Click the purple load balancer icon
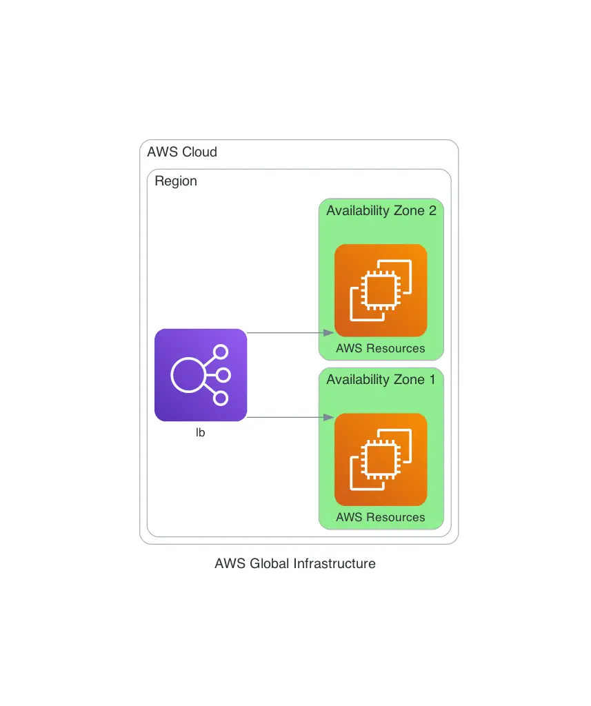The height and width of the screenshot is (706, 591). point(201,374)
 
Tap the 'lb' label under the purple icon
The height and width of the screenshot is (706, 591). point(201,433)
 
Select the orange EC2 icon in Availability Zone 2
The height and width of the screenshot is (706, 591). point(381,290)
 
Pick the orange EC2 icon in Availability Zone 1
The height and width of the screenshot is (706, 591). point(381,459)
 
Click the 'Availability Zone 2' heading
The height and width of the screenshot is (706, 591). point(381,210)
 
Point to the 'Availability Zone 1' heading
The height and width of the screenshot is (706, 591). point(381,380)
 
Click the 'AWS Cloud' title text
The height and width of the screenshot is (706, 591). point(182,152)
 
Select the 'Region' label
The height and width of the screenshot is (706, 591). point(176,181)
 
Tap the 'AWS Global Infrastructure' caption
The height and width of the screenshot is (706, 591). point(295,563)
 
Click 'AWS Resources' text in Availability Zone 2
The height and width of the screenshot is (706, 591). point(381,348)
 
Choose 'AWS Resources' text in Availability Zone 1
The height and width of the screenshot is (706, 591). point(381,517)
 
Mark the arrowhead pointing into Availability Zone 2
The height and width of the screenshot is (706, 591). point(329,332)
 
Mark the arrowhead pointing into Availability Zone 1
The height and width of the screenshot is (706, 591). point(329,417)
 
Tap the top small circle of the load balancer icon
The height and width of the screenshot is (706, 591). point(221,352)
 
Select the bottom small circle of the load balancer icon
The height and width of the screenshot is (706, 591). point(221,398)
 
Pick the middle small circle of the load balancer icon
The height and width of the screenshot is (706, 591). point(223,375)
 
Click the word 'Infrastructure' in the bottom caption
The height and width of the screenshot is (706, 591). point(334,563)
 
